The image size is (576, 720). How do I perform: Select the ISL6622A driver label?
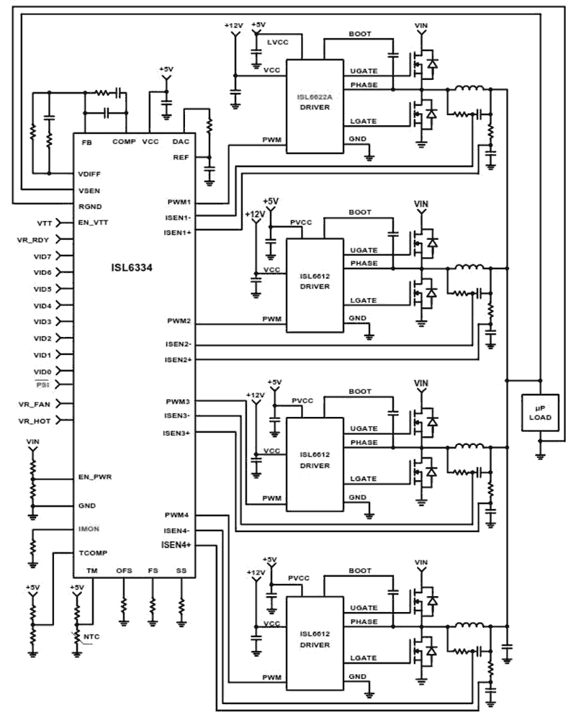315,96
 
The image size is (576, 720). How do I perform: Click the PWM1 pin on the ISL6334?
178,204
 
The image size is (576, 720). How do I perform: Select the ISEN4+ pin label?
176,545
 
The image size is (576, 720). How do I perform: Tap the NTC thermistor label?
91,637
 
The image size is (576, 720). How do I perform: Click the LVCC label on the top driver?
277,44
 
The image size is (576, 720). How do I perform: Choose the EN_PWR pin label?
95,477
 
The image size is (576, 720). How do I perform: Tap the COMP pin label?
123,142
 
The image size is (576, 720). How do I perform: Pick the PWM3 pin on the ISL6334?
178,400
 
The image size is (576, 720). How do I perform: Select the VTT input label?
43,222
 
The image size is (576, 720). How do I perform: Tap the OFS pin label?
123,570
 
